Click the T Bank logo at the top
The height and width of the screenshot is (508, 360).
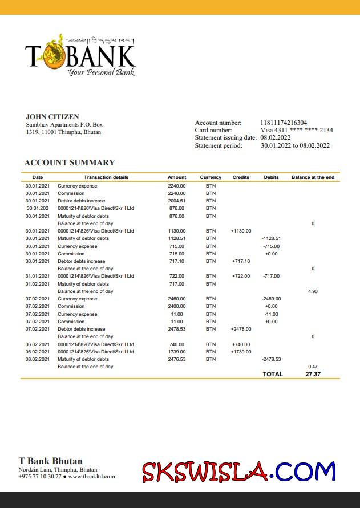click(x=80, y=55)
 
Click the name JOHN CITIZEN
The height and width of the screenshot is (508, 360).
click(x=52, y=117)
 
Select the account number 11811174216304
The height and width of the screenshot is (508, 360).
click(x=284, y=123)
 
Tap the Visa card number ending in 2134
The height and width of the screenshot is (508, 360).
click(x=297, y=130)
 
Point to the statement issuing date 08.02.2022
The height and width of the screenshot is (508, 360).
click(x=276, y=137)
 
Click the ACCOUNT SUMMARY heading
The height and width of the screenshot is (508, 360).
click(x=70, y=162)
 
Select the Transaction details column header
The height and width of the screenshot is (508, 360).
click(x=106, y=177)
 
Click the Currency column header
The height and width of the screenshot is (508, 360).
click(x=211, y=177)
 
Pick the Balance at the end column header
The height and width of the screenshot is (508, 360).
click(x=313, y=177)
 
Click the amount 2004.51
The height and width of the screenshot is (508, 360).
click(x=177, y=201)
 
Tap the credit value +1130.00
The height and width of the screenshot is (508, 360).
click(x=241, y=231)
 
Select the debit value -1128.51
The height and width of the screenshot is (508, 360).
click(x=271, y=238)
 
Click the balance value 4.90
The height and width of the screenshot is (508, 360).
click(x=313, y=291)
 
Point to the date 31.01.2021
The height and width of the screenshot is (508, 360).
click(x=37, y=276)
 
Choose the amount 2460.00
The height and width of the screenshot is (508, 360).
click(x=177, y=299)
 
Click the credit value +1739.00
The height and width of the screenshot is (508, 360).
click(x=241, y=352)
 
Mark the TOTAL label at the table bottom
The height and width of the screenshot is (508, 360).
click(x=273, y=374)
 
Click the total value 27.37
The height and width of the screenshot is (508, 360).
click(x=313, y=374)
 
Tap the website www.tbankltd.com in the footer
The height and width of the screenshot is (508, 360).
click(x=91, y=476)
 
